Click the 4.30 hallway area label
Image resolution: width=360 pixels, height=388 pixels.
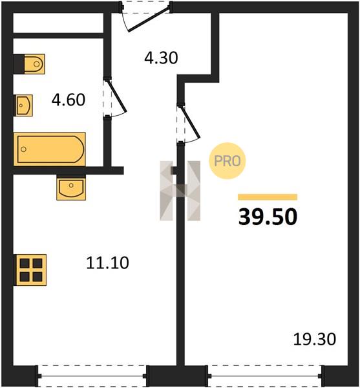(x=161, y=58)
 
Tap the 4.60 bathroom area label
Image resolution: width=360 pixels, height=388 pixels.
(x=69, y=100)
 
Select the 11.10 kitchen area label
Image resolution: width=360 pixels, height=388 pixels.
(x=107, y=263)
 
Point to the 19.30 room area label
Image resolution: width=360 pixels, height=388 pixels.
(x=315, y=339)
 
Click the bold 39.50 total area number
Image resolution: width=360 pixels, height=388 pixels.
(x=268, y=217)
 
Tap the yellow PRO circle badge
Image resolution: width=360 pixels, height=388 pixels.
(x=228, y=161)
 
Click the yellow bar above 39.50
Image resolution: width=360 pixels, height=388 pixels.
(x=268, y=197)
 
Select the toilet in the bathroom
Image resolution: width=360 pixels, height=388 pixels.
(x=34, y=64)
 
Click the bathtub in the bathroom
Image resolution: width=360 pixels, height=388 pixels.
(x=50, y=149)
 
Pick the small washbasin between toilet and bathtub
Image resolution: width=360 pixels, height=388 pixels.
(x=24, y=105)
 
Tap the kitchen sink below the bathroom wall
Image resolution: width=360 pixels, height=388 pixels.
(x=71, y=188)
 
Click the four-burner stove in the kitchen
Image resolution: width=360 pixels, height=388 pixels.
(x=31, y=270)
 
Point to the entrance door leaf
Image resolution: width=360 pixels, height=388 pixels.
(x=149, y=19)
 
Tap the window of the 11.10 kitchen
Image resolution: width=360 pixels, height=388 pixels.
(x=92, y=376)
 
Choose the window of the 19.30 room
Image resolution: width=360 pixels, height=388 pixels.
(x=265, y=376)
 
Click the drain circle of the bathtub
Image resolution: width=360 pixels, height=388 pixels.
(x=24, y=149)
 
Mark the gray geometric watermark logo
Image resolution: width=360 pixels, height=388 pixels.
(x=180, y=191)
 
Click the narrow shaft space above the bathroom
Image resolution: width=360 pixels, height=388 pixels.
(x=58, y=23)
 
